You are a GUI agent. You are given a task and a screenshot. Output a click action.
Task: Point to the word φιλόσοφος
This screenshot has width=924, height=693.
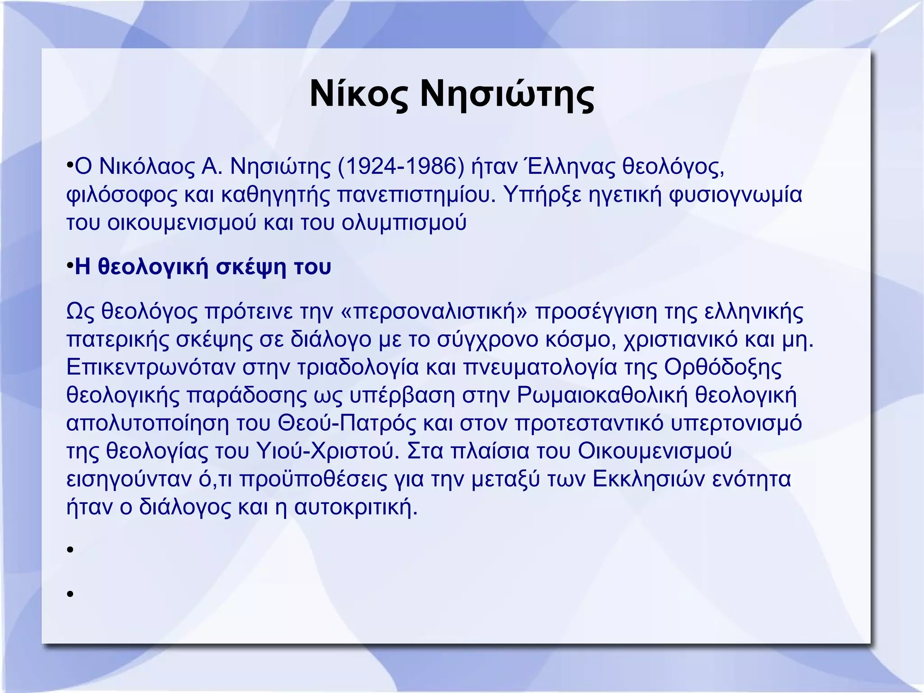122,195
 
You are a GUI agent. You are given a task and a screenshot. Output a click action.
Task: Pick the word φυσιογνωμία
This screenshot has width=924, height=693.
735,195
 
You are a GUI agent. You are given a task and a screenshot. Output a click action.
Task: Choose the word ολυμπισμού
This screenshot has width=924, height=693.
404,223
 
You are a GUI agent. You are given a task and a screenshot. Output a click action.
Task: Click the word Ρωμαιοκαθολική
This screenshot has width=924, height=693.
602,395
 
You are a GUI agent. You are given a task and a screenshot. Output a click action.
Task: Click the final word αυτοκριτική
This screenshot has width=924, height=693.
356,507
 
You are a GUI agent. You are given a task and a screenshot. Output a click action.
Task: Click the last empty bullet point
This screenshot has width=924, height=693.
70,594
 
